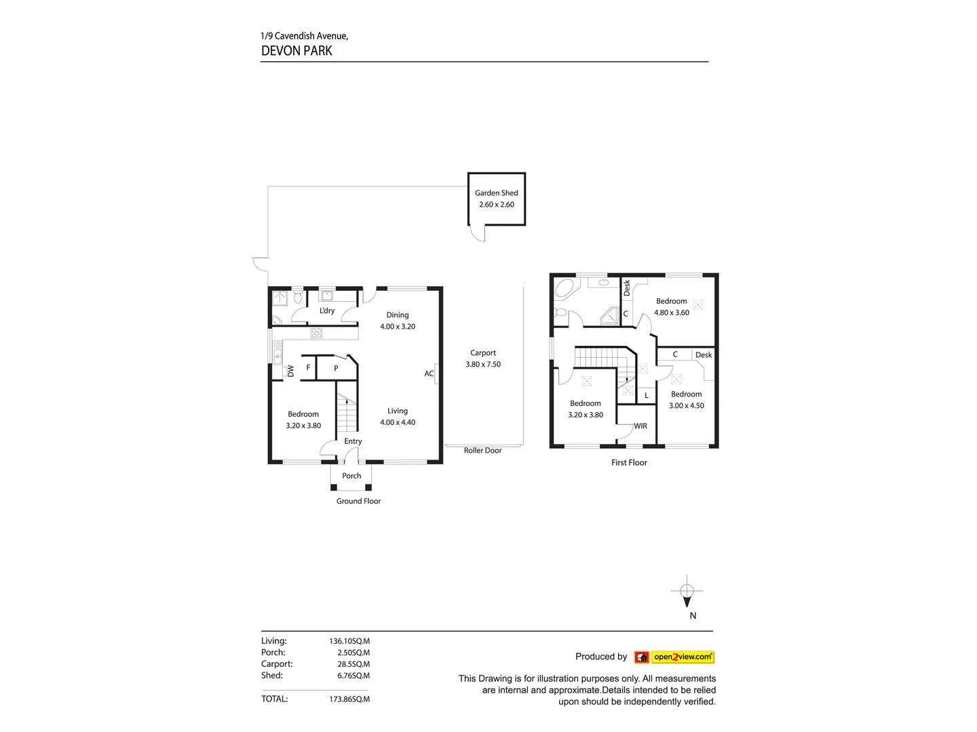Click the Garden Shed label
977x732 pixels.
coord(496,193)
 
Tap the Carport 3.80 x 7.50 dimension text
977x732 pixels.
coord(483,365)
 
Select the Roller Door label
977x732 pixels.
coord(482,451)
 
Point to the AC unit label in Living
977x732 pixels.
coord(429,373)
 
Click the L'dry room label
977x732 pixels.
coord(327,311)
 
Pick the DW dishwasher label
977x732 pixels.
coord(291,371)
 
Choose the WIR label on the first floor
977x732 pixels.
coord(640,426)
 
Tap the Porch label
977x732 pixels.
coord(351,476)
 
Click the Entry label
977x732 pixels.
coord(353,441)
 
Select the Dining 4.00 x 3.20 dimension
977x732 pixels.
coord(398,327)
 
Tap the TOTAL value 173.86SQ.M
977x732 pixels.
coord(349,699)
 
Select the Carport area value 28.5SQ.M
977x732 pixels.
coord(353,664)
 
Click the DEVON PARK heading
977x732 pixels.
coord(296,51)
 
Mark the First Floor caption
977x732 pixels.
coord(629,463)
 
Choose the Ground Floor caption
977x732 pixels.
coord(358,502)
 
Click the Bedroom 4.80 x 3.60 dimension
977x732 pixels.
coord(672,313)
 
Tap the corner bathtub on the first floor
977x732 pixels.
coord(564,289)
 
